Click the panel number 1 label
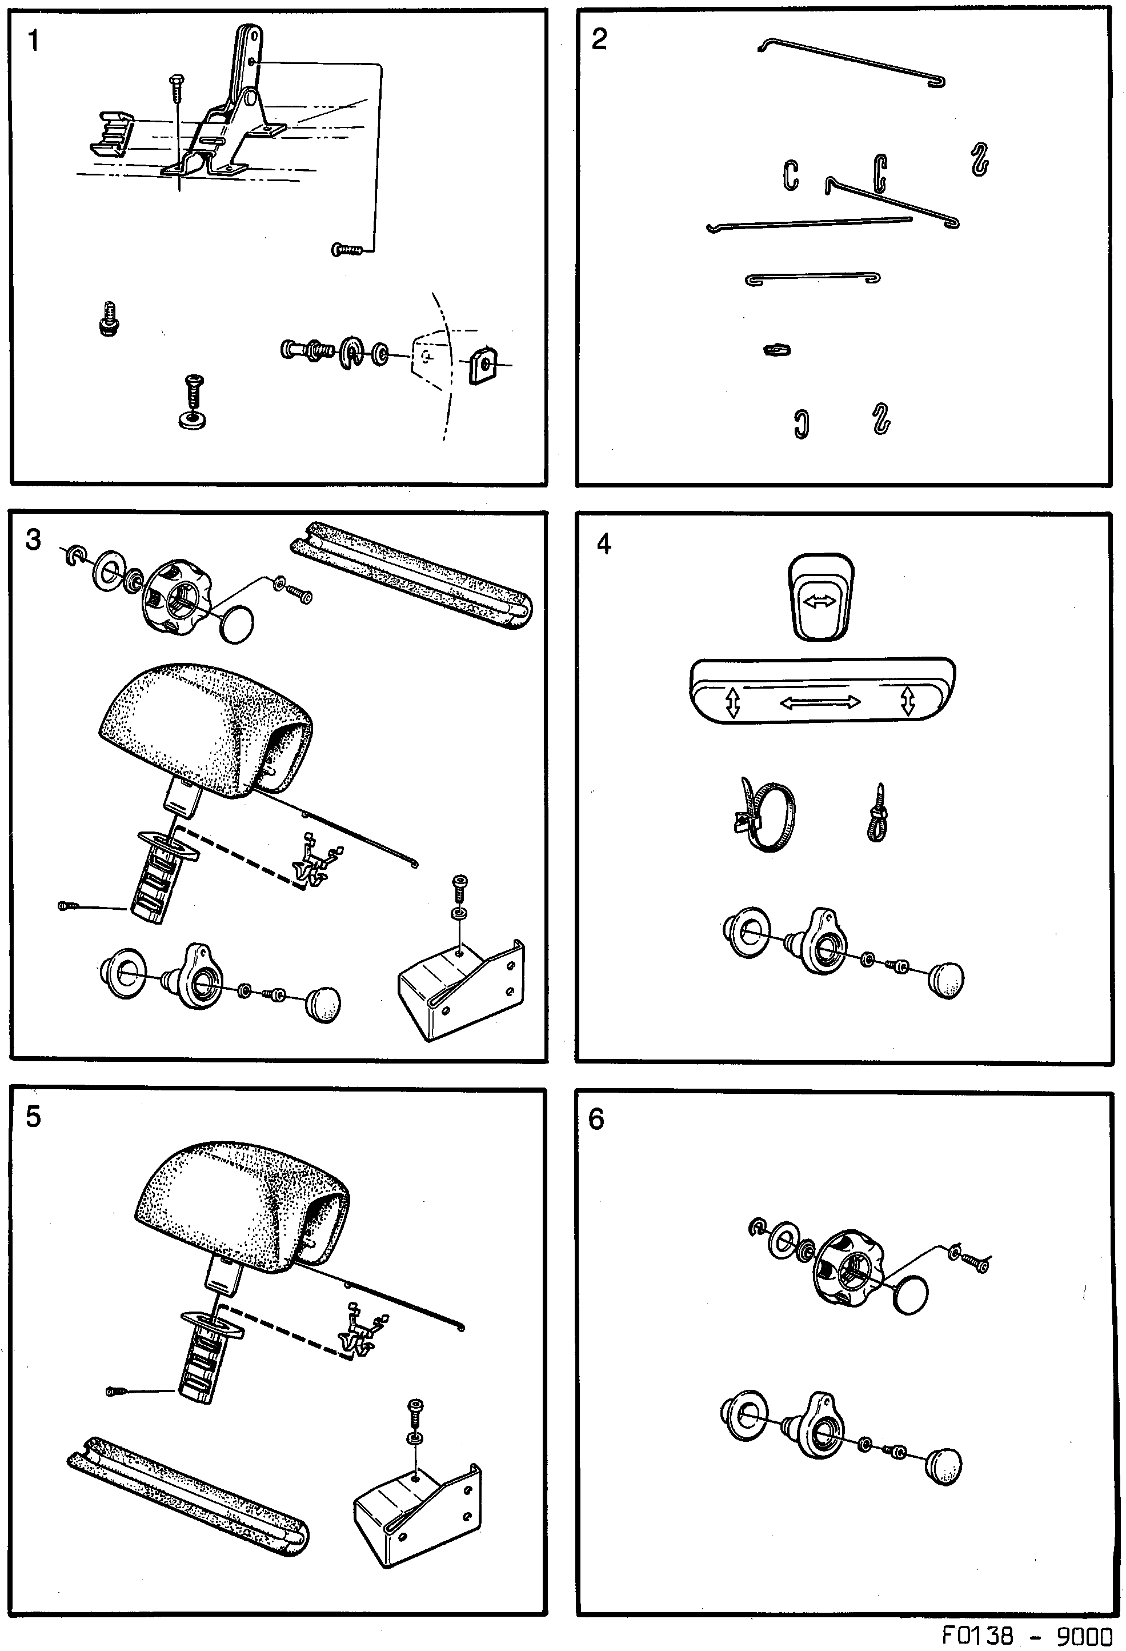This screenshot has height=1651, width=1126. pyautogui.click(x=33, y=42)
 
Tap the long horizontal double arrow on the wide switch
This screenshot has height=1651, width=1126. pyautogui.click(x=820, y=702)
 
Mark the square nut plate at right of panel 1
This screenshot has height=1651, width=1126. pyautogui.click(x=483, y=365)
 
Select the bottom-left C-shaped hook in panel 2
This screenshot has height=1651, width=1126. pyautogui.click(x=801, y=424)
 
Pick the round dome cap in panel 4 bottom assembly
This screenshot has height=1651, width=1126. pyautogui.click(x=945, y=980)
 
